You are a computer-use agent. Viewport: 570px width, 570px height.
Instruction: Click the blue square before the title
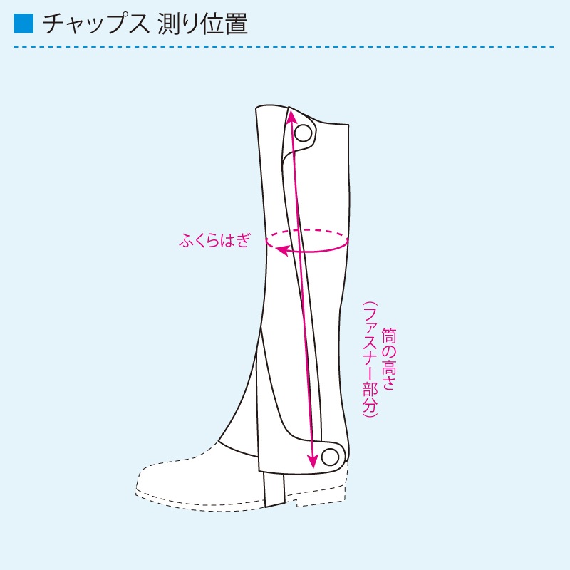pyautogui.click(x=24, y=24)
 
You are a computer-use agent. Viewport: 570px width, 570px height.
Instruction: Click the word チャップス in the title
pyautogui.click(x=95, y=24)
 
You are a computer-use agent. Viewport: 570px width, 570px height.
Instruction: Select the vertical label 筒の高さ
pyautogui.click(x=388, y=359)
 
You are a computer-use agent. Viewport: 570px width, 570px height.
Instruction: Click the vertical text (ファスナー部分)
pyautogui.click(x=370, y=359)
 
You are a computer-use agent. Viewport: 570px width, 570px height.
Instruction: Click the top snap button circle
pyautogui.click(x=303, y=133)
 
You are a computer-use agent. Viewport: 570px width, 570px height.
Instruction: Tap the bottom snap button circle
pyautogui.click(x=330, y=457)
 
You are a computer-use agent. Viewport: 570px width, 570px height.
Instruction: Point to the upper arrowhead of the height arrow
pyautogui.click(x=291, y=115)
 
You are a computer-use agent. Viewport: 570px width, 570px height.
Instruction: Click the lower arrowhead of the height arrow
pyautogui.click(x=311, y=462)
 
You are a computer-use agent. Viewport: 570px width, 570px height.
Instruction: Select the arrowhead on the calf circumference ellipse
pyautogui.click(x=281, y=250)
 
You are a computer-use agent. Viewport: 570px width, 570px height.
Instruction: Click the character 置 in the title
pyautogui.click(x=237, y=24)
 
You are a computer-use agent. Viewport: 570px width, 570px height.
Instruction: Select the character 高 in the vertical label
pyautogui.click(x=388, y=368)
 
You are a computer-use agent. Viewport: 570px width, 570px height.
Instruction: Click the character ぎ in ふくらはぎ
pyautogui.click(x=243, y=240)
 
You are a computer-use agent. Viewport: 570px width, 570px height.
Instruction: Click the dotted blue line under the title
pyautogui.click(x=284, y=47)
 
